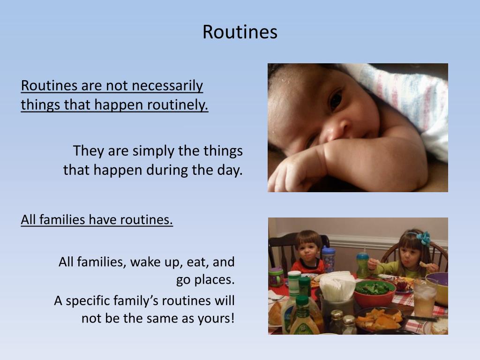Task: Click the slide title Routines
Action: (240, 32)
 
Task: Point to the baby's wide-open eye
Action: (336, 98)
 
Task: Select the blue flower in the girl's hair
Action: (425, 238)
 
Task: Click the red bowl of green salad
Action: (374, 293)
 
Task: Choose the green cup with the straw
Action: (362, 265)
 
